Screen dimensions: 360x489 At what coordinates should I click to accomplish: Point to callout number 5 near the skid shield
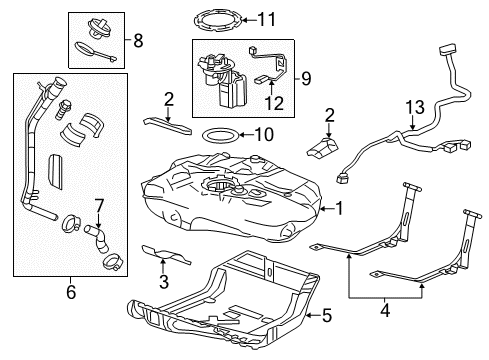point(325,317)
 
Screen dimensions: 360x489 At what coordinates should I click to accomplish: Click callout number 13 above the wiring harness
point(409,107)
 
